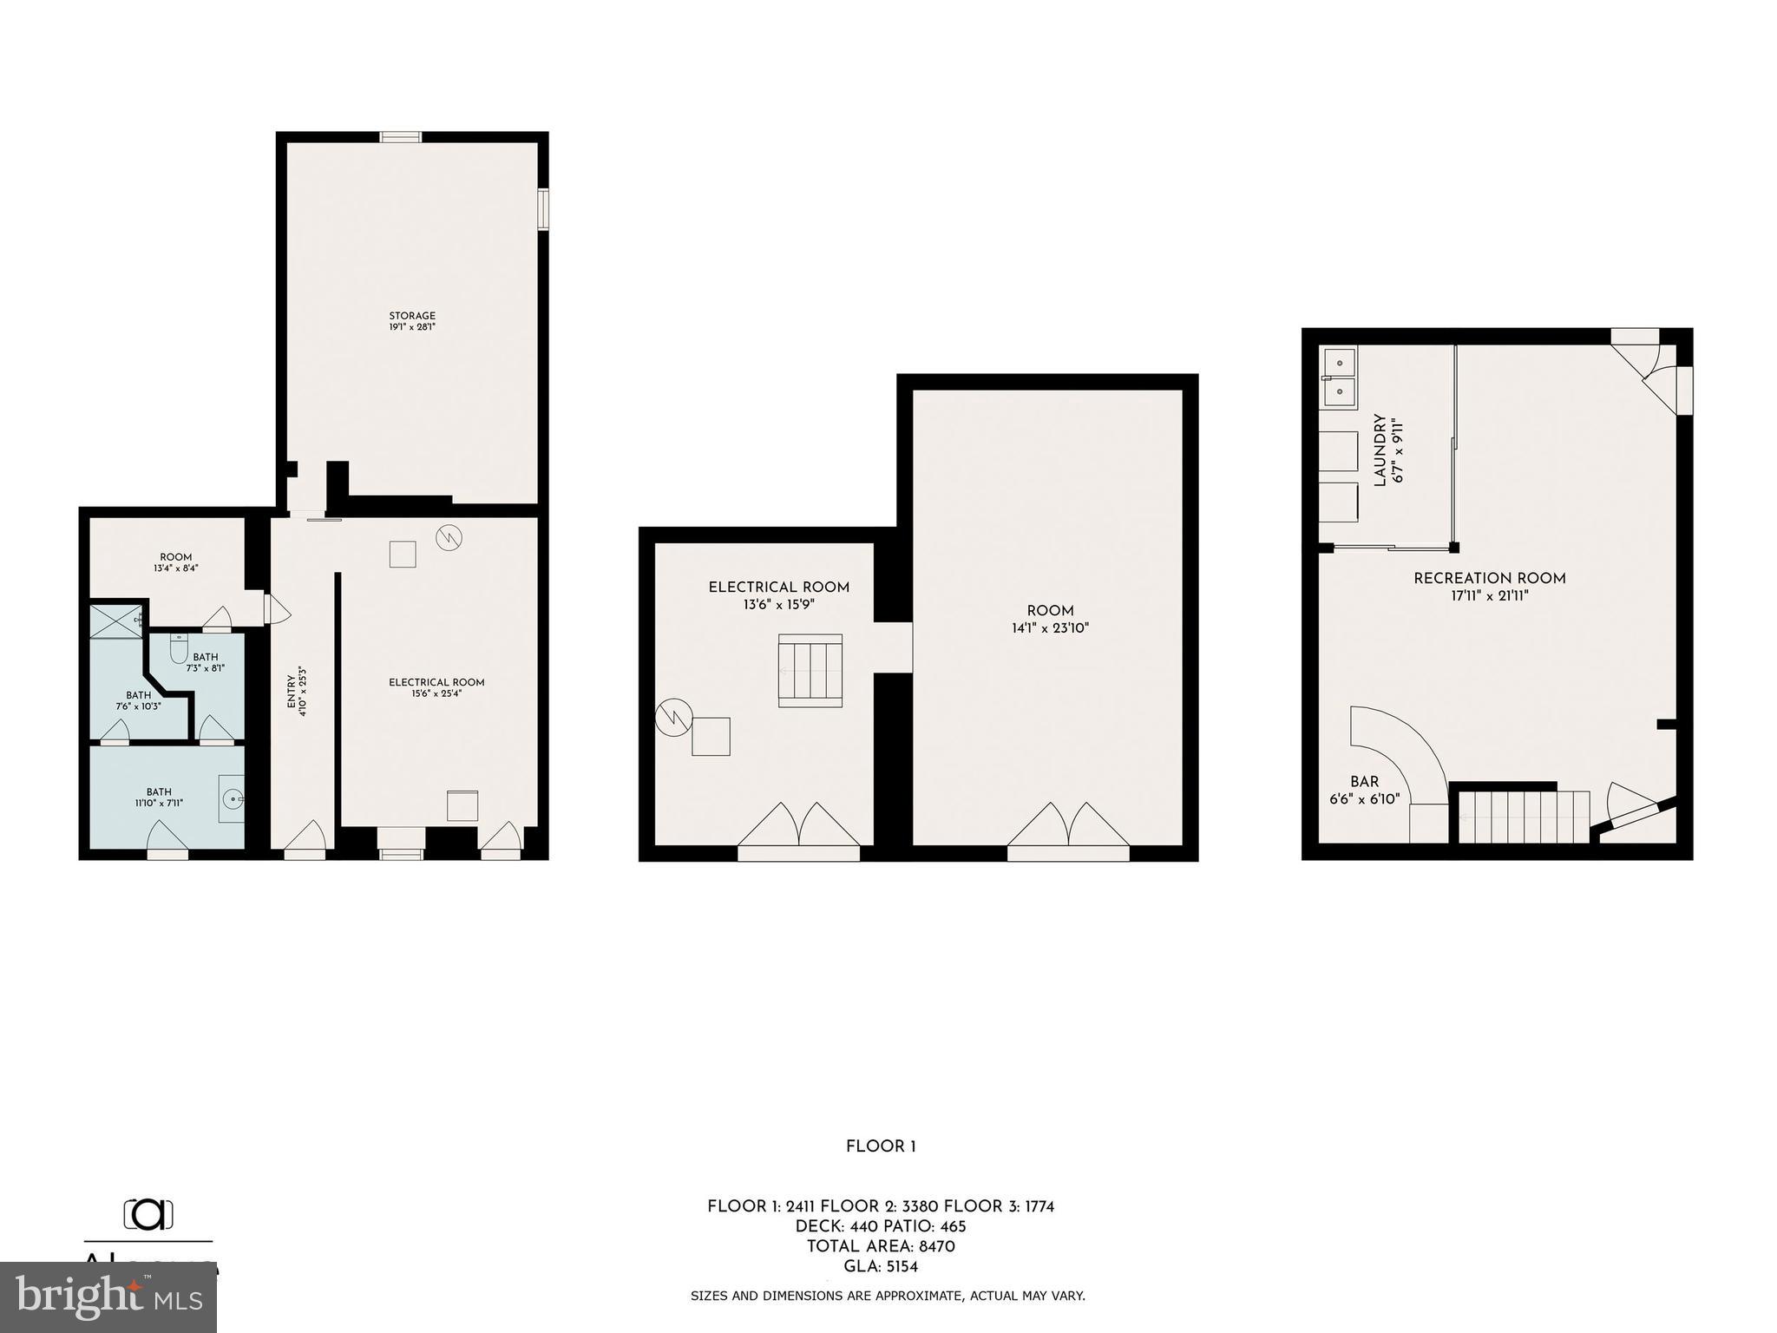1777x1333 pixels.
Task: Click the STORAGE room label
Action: pyautogui.click(x=412, y=316)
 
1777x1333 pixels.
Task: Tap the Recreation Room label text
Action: pyautogui.click(x=1489, y=579)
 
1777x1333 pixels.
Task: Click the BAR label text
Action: pyautogui.click(x=1364, y=782)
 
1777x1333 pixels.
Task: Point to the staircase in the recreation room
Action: pyautogui.click(x=1523, y=817)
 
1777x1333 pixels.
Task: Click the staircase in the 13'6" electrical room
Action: pyautogui.click(x=810, y=670)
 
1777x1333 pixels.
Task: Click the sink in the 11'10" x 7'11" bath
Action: pyautogui.click(x=231, y=798)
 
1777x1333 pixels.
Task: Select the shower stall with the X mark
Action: pyautogui.click(x=117, y=621)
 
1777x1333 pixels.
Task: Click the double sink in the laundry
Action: pyautogui.click(x=1339, y=376)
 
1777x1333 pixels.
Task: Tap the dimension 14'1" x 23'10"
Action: pyautogui.click(x=1050, y=628)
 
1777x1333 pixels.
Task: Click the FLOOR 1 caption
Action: pyautogui.click(x=881, y=1146)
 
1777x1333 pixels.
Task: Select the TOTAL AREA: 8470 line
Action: pyautogui.click(x=881, y=1246)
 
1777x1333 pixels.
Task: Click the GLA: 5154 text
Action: pyautogui.click(x=881, y=1266)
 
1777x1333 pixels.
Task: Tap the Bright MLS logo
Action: pyautogui.click(x=108, y=1297)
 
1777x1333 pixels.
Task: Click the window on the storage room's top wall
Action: pyautogui.click(x=401, y=137)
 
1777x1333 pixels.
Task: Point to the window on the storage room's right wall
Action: pyautogui.click(x=543, y=210)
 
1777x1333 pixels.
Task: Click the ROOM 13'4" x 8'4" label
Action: pyautogui.click(x=175, y=557)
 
